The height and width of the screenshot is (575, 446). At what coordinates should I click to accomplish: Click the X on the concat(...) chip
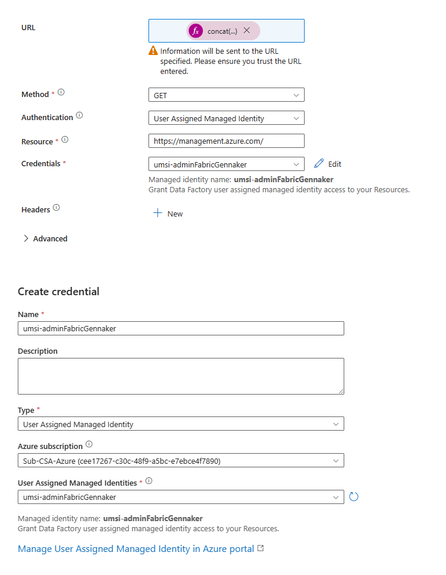tap(247, 31)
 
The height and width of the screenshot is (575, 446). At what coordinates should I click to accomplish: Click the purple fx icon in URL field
tap(196, 31)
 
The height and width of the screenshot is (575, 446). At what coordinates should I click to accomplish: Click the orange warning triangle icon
tap(153, 51)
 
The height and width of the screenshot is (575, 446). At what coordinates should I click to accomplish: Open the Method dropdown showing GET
tap(226, 95)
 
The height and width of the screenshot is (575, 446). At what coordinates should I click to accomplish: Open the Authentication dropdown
tap(226, 118)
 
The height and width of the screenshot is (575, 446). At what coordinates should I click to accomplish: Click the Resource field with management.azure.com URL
tap(226, 141)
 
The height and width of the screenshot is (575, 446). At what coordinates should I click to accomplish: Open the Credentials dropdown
tap(226, 164)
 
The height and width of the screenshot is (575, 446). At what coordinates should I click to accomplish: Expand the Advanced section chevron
tap(26, 238)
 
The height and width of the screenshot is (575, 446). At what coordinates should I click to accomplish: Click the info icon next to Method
tap(61, 93)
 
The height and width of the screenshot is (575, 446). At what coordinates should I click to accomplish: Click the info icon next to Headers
tap(56, 208)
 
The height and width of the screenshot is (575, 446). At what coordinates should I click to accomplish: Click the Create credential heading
tap(59, 292)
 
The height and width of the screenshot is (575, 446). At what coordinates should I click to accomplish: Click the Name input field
tap(180, 329)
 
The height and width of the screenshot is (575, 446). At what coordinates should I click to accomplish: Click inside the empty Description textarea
tap(180, 376)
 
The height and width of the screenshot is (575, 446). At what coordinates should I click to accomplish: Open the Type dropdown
tap(180, 424)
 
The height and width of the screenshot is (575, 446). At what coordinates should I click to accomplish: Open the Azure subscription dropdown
tap(180, 460)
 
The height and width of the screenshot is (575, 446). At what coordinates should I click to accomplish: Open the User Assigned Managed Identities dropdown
tap(180, 497)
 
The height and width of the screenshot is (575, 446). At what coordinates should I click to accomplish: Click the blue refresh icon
tap(354, 496)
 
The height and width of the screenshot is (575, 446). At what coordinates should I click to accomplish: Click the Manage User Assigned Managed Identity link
tap(136, 549)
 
